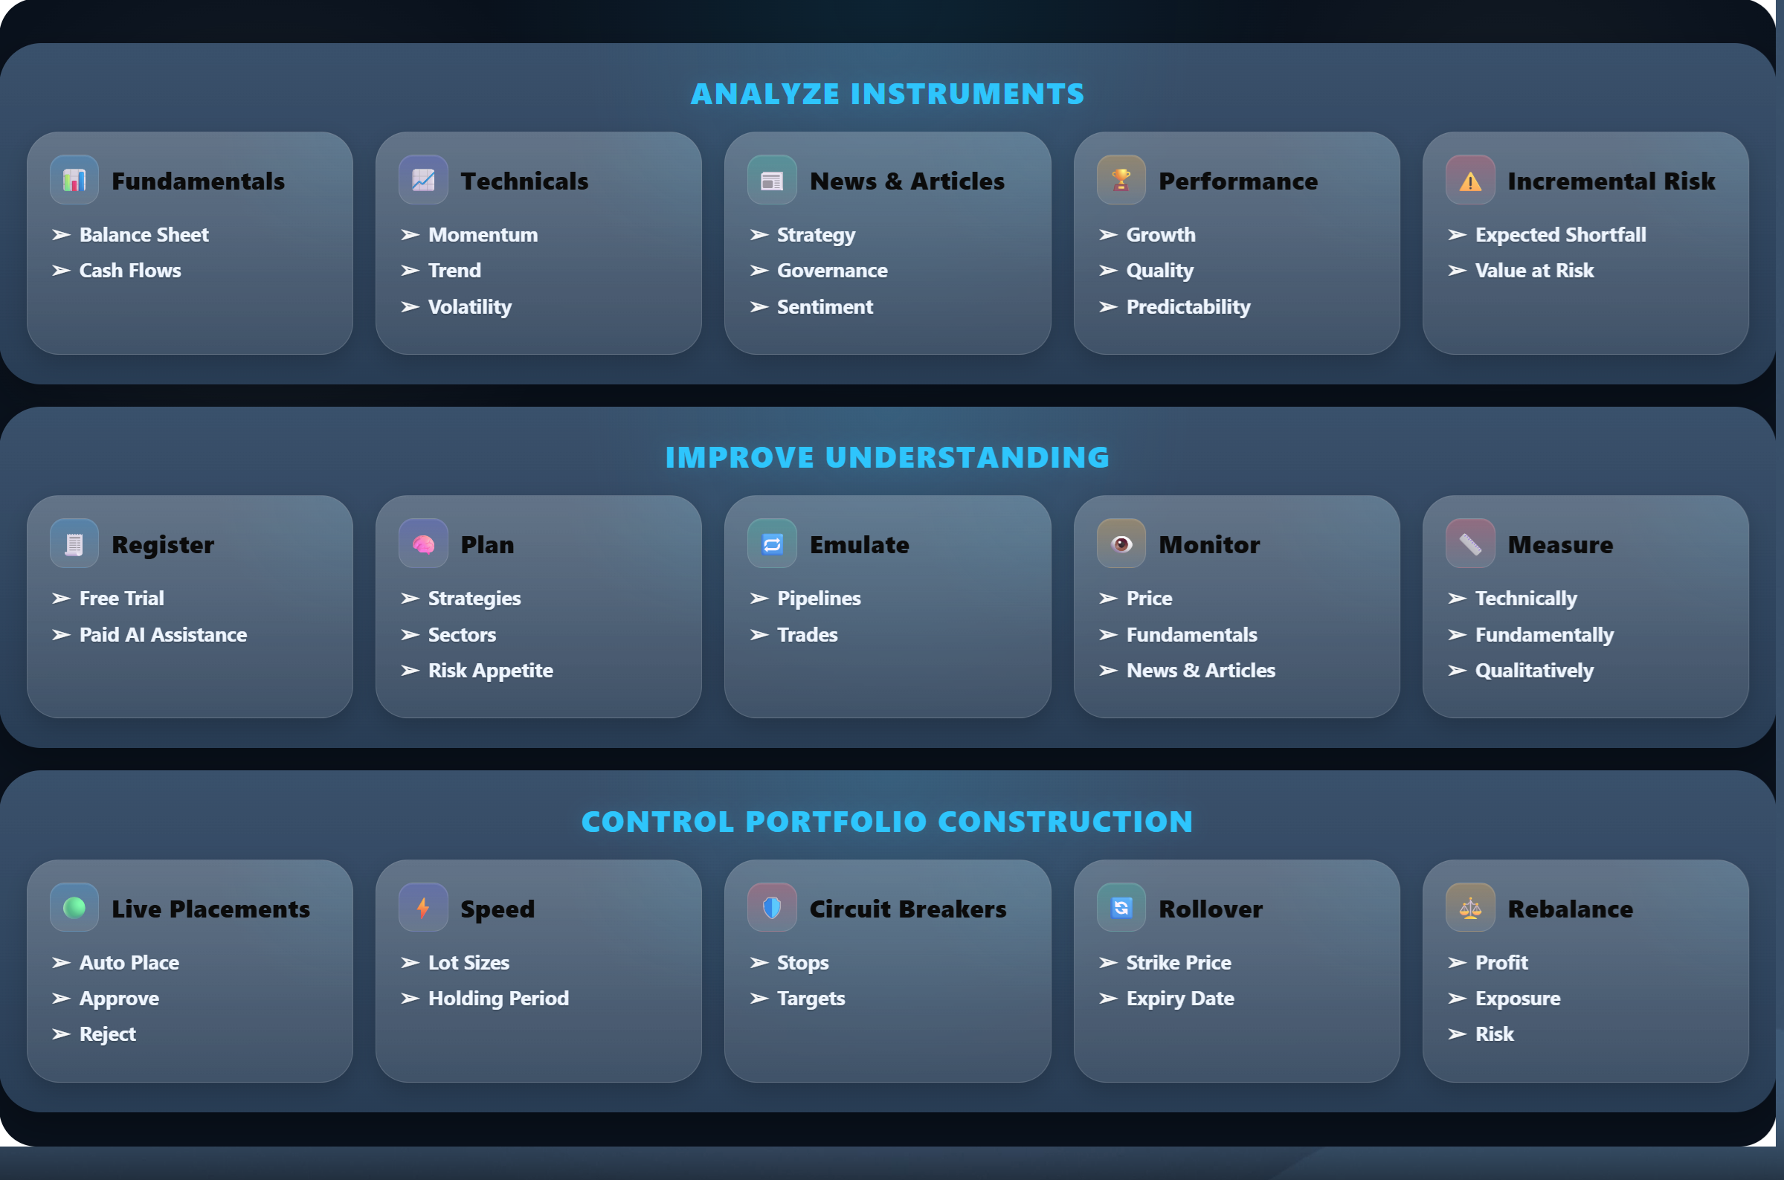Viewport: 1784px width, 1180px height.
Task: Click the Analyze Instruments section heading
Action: [x=887, y=94]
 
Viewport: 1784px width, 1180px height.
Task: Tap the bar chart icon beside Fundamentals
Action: [x=74, y=180]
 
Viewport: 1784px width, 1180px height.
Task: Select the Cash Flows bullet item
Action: [x=130, y=270]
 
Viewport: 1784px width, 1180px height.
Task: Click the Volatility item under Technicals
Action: [x=469, y=307]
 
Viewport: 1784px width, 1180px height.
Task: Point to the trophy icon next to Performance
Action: [x=1121, y=180]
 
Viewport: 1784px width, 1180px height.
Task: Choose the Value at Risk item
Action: [x=1534, y=270]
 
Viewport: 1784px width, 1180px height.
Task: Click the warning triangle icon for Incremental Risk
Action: [x=1470, y=180]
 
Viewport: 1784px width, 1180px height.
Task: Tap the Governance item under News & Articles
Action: [x=832, y=270]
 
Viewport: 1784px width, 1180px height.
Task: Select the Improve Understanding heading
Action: [x=887, y=457]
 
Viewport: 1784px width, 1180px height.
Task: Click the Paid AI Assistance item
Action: [x=164, y=634]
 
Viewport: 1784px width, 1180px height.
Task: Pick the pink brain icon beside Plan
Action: [x=424, y=544]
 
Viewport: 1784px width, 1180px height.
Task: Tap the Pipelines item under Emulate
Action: [x=819, y=599]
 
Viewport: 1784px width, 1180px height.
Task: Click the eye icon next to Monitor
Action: [x=1121, y=544]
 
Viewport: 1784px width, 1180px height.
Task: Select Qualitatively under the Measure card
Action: [x=1534, y=671]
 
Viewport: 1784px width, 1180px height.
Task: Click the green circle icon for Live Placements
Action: [x=74, y=908]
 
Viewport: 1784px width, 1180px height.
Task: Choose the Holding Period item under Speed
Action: [x=498, y=999]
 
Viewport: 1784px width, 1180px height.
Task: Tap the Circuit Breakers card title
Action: [x=907, y=909]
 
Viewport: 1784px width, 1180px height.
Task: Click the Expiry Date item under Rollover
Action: [x=1180, y=999]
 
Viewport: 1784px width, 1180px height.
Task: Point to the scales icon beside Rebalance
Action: [x=1470, y=908]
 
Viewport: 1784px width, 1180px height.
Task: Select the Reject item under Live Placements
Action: [x=108, y=1035]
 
